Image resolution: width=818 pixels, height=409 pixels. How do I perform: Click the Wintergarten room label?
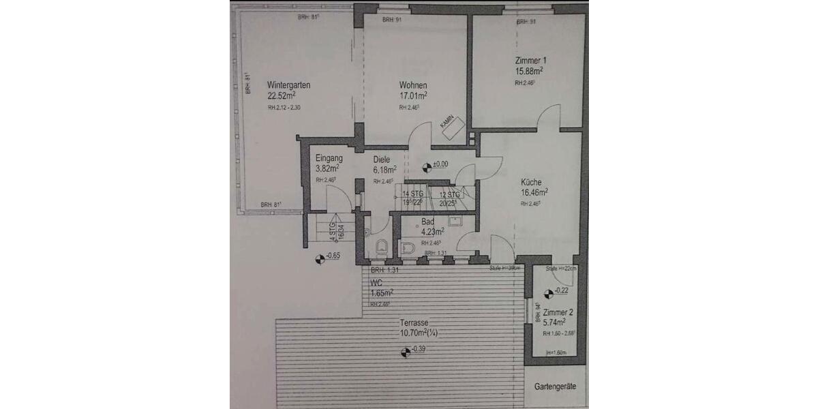pyautogui.click(x=289, y=86)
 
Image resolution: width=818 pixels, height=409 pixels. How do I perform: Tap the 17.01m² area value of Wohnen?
pyautogui.click(x=413, y=96)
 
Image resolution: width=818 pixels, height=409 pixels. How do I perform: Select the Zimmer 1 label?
pyautogui.click(x=530, y=60)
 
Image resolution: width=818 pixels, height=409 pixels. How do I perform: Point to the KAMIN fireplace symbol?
pyautogui.click(x=451, y=125)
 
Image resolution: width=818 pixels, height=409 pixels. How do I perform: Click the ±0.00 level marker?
pyautogui.click(x=427, y=165)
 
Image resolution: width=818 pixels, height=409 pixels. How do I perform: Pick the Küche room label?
pyautogui.click(x=531, y=182)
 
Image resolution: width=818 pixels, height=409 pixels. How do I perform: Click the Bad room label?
pyautogui.click(x=428, y=222)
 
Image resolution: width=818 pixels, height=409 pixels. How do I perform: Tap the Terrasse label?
pyautogui.click(x=414, y=324)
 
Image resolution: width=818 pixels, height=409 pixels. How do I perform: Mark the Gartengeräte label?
pyautogui.click(x=555, y=386)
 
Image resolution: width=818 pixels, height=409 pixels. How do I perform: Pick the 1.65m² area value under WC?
pyautogui.click(x=382, y=293)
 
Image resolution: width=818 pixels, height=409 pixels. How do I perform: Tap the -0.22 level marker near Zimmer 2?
pyautogui.click(x=549, y=292)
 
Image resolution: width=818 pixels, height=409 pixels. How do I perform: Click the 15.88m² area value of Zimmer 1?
pyautogui.click(x=529, y=70)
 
